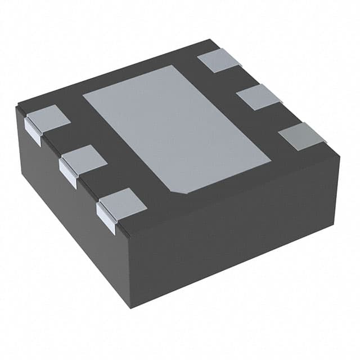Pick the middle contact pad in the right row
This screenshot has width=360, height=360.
(259, 97)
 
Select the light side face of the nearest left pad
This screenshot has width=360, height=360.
(105, 218)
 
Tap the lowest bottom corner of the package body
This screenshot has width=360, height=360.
(130, 307)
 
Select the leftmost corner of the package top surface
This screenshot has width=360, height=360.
(17, 105)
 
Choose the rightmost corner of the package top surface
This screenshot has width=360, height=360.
(340, 154)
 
